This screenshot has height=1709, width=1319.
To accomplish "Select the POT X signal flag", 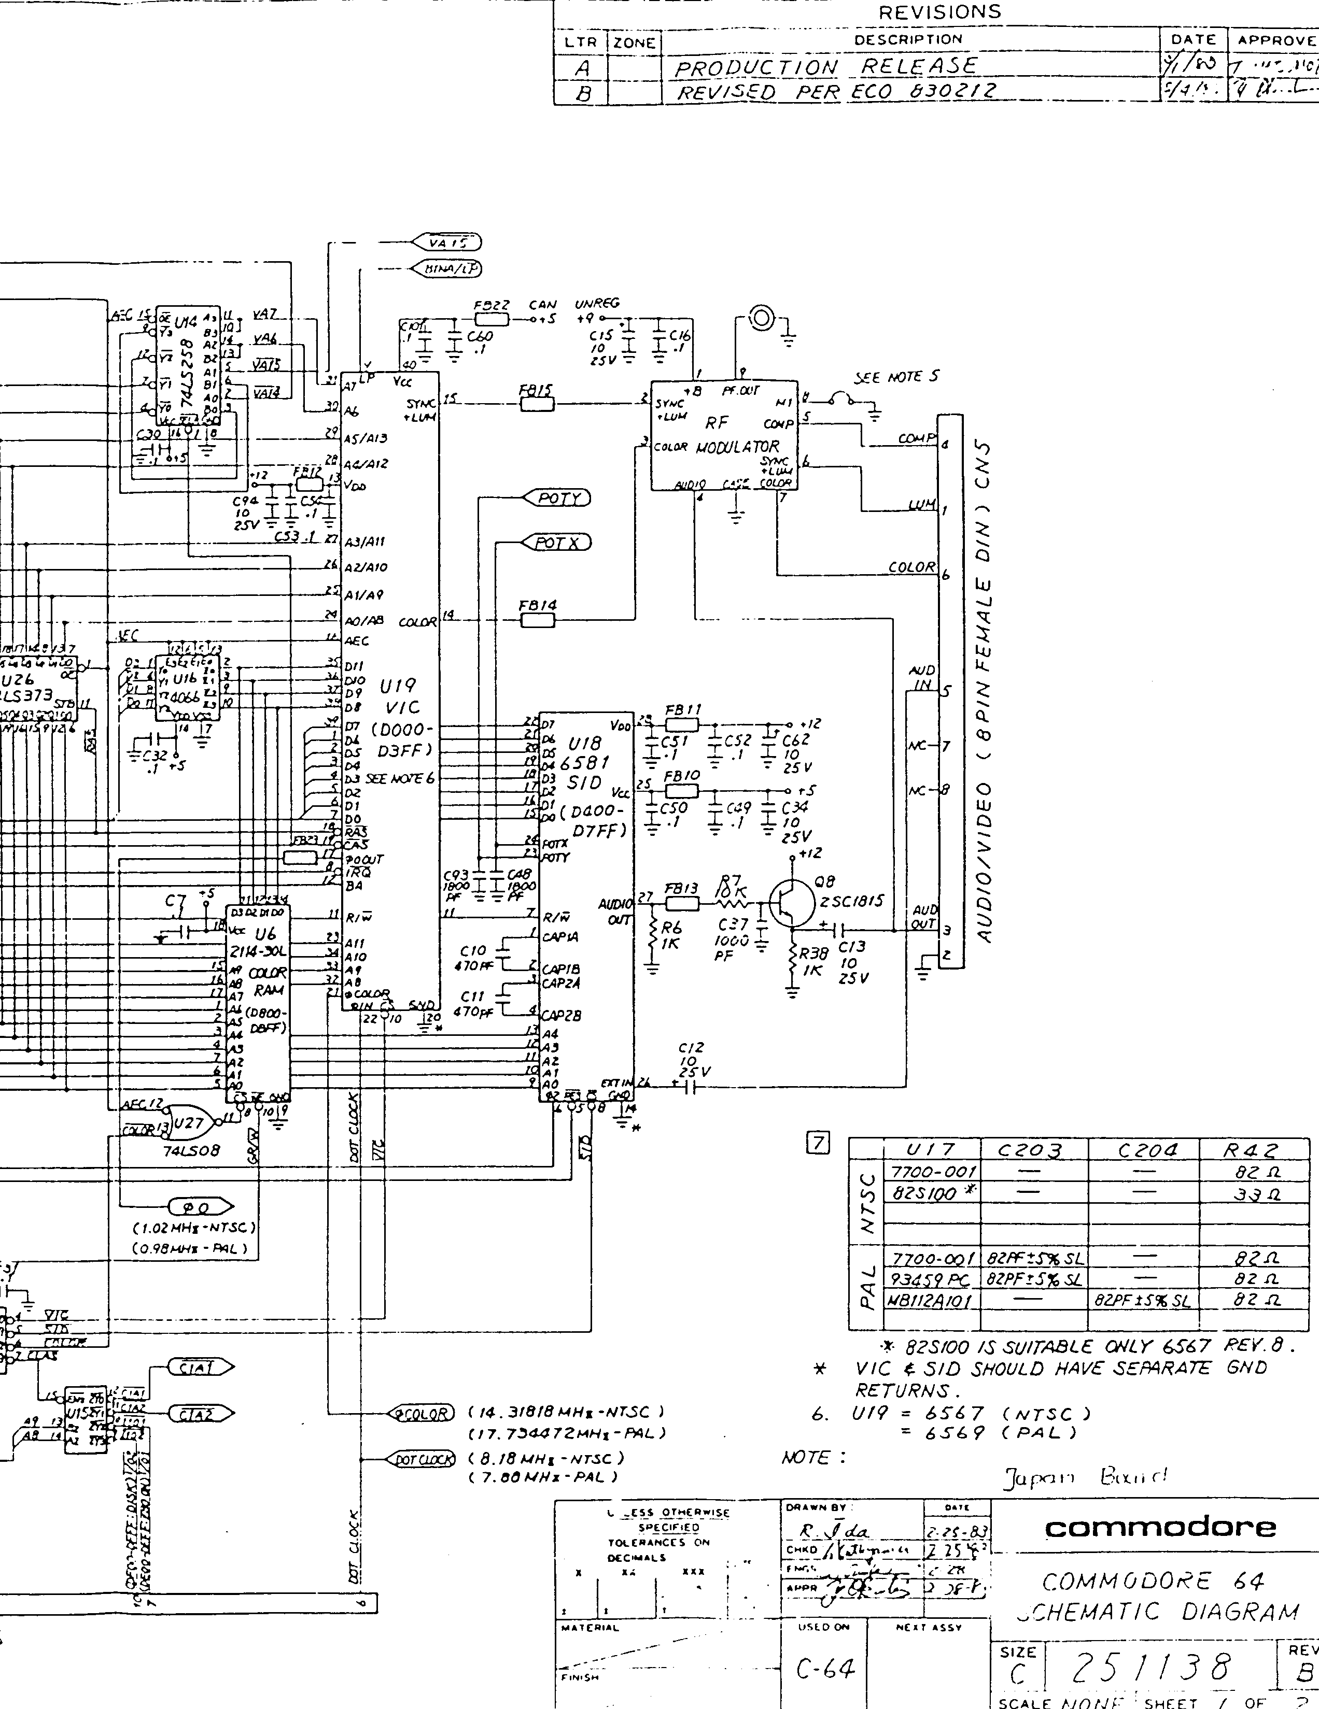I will coord(558,542).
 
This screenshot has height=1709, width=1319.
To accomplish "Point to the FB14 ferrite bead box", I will coord(537,620).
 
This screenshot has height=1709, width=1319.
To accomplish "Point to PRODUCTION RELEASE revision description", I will coord(826,67).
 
